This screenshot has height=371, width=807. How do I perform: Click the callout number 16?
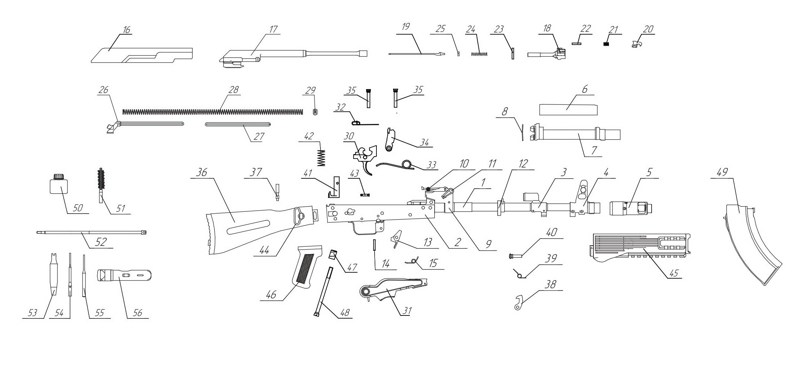pos(127,30)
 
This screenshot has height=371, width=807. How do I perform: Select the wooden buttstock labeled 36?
pos(250,228)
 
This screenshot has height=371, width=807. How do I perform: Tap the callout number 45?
pos(673,274)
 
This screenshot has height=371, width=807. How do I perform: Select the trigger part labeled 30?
pos(365,156)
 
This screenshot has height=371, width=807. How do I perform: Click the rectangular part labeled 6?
pos(568,109)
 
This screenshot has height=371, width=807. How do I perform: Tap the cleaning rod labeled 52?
pos(92,232)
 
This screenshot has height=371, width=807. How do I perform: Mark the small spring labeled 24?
pos(479,54)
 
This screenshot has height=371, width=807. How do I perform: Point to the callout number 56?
pos(137,313)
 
